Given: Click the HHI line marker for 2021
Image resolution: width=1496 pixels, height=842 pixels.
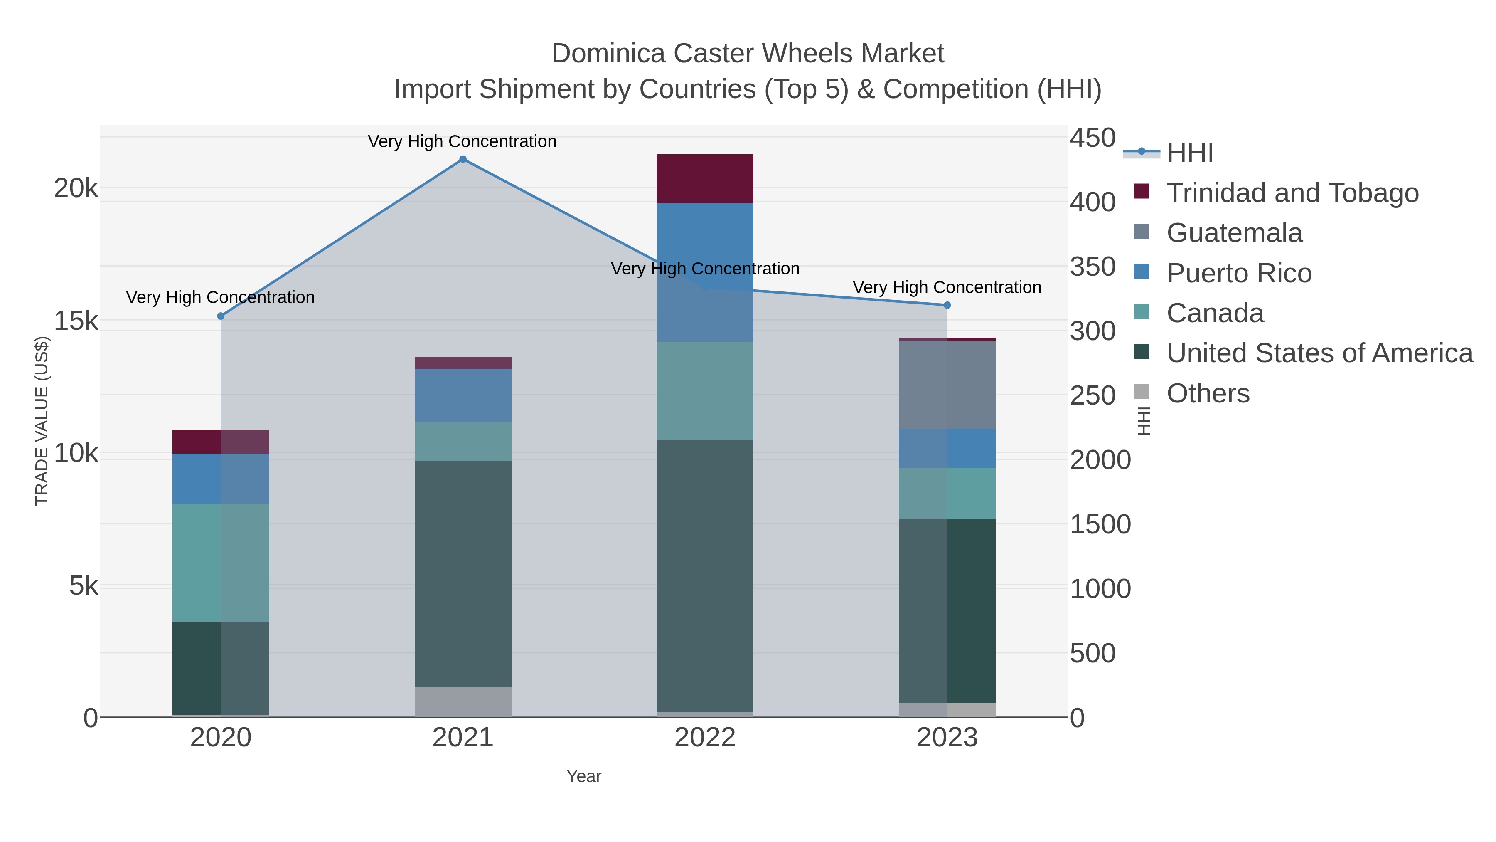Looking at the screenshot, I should click(x=463, y=159).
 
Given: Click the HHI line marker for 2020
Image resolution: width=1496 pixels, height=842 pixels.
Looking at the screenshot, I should click(x=221, y=316).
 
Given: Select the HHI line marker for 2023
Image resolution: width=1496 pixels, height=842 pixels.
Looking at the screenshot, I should click(x=947, y=305).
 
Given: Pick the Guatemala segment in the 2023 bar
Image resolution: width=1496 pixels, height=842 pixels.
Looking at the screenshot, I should click(x=947, y=385).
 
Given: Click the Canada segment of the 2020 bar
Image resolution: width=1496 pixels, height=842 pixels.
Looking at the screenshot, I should click(x=221, y=563).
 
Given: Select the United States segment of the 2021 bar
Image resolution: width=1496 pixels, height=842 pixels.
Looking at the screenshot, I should click(x=463, y=574).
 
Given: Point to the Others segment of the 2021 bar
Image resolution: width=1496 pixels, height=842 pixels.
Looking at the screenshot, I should click(x=463, y=702).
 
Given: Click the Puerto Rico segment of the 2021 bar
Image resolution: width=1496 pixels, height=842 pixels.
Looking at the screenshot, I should click(x=463, y=395).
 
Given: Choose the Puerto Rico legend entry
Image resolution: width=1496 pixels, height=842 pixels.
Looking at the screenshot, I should click(x=1239, y=273).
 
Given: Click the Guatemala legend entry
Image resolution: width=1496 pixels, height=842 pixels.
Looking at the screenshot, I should click(x=1234, y=233).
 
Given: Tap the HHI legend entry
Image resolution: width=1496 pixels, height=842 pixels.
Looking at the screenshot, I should click(x=1189, y=153).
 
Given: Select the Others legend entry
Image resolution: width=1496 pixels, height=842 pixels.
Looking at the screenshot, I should click(x=1208, y=393).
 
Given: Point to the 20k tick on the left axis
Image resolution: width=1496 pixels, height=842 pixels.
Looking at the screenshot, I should click(x=76, y=188).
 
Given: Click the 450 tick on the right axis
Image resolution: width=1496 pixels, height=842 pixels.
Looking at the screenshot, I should click(x=1092, y=138).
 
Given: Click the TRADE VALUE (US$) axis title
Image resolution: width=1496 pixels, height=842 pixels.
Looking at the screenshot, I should click(x=42, y=421).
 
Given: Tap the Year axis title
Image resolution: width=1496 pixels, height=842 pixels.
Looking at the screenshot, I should click(x=584, y=776).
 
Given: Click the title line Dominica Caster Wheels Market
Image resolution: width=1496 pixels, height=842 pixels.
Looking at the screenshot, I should click(x=748, y=54).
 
